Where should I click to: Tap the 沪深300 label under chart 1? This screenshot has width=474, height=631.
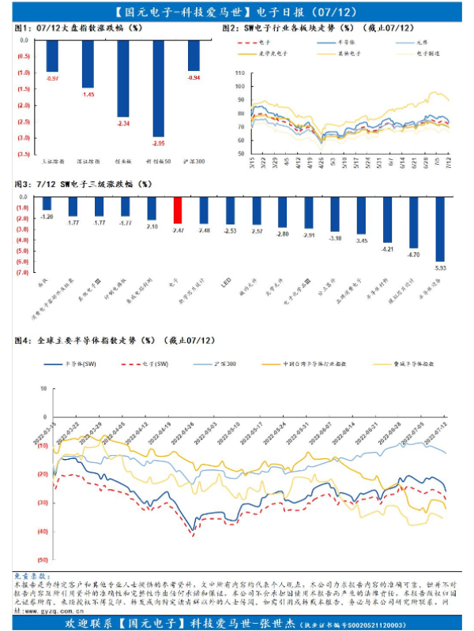(194, 160)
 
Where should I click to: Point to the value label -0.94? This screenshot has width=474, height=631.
(194, 77)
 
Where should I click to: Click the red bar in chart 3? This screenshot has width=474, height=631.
(178, 210)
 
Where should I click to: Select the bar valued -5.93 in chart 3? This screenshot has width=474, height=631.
(440, 229)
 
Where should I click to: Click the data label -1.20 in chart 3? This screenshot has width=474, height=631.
(47, 216)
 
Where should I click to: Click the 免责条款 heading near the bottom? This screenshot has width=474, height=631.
(32, 577)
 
